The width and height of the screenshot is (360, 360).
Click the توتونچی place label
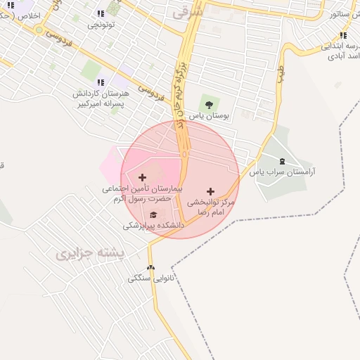click(x=101, y=25)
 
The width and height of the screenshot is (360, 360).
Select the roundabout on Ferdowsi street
click(x=39, y=30)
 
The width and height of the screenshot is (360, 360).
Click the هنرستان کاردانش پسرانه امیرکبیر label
click(x=103, y=98)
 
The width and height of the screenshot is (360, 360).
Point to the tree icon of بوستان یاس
click(x=207, y=105)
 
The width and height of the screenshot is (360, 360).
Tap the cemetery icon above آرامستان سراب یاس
click(x=283, y=162)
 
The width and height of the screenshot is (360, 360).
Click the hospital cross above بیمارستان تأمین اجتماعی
click(x=143, y=177)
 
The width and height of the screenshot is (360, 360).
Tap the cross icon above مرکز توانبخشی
click(x=210, y=191)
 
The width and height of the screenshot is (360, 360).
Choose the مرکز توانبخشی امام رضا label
click(x=210, y=207)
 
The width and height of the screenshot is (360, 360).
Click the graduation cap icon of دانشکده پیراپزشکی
click(x=153, y=215)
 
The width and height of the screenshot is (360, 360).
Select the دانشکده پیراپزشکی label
click(x=153, y=226)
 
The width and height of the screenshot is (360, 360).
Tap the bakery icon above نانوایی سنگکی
click(x=150, y=268)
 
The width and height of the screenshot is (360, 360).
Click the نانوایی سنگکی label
click(x=150, y=278)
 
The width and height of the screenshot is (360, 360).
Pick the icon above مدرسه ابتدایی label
click(x=343, y=35)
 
